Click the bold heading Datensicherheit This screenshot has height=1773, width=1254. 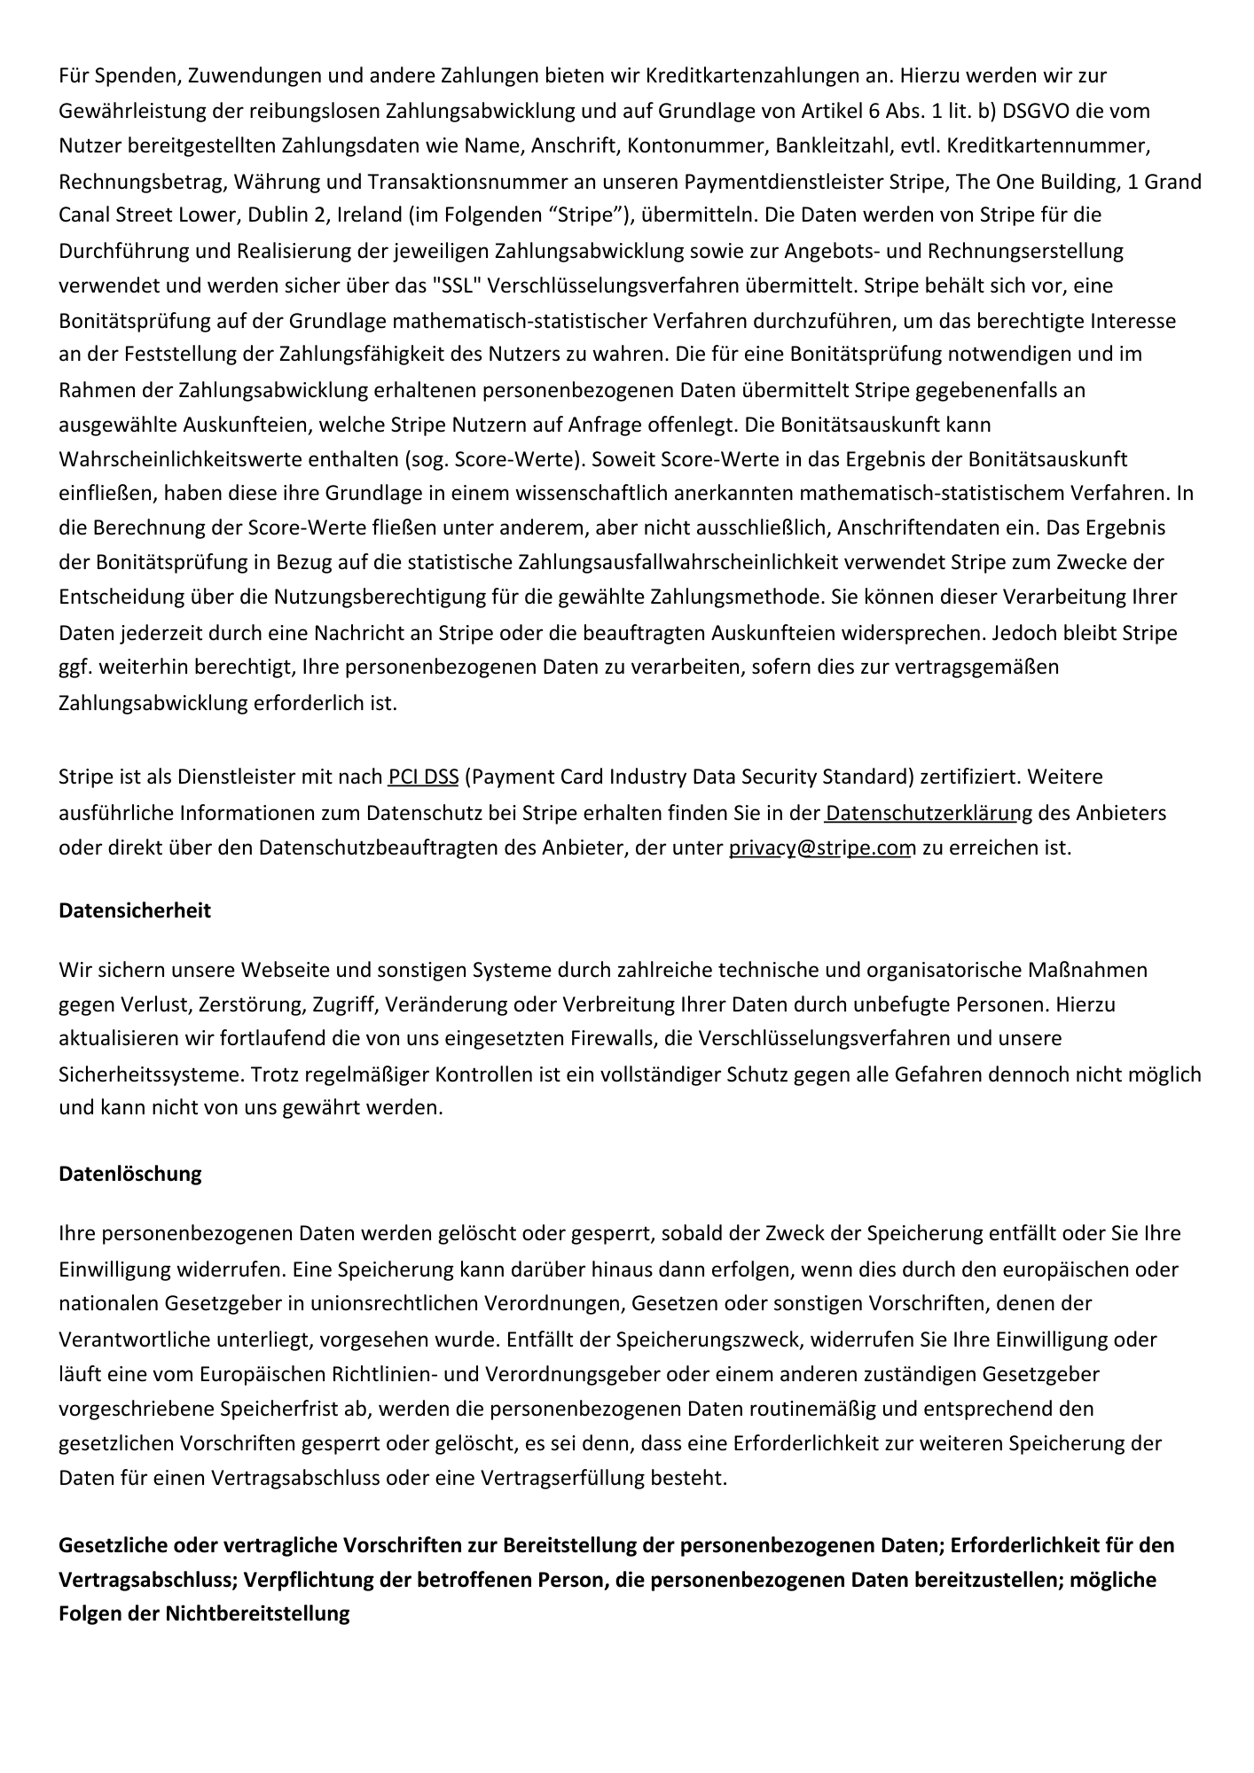pyautogui.click(x=135, y=910)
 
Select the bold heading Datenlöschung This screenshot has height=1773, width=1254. pyautogui.click(x=130, y=1174)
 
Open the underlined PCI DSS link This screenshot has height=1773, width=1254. pyautogui.click(x=423, y=777)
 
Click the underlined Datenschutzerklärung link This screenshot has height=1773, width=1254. pyautogui.click(x=929, y=812)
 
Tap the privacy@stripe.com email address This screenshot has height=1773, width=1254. pyautogui.click(x=821, y=847)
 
